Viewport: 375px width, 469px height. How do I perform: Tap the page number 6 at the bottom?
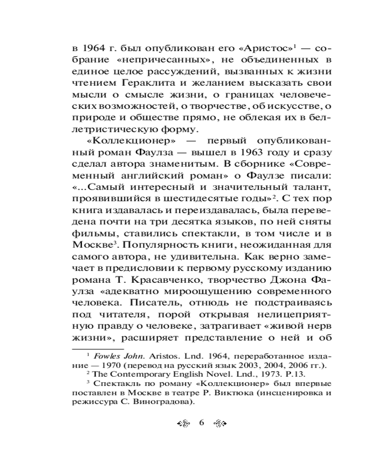pyautogui.click(x=202, y=422)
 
